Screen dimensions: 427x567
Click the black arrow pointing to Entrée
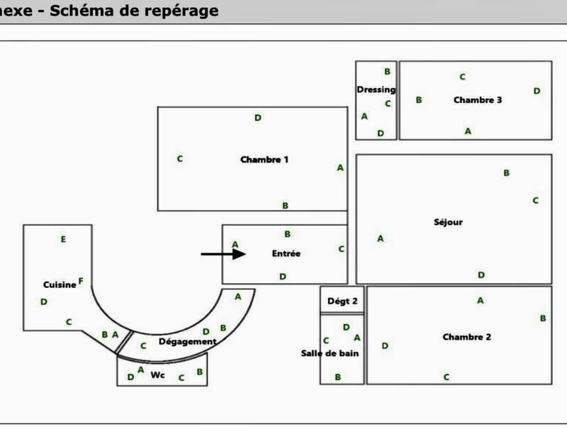(x=223, y=254)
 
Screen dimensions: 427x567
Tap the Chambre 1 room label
(x=264, y=159)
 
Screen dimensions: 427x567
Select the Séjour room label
(x=448, y=222)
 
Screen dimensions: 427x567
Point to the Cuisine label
(x=60, y=284)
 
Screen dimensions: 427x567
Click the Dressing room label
(x=376, y=89)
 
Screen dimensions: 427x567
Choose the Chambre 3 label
(x=478, y=100)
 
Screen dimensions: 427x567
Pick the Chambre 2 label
(x=466, y=337)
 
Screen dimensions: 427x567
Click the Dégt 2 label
(x=342, y=301)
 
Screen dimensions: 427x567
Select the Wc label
(x=157, y=375)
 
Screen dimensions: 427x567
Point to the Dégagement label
(x=188, y=341)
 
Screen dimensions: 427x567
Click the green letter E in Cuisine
(x=63, y=240)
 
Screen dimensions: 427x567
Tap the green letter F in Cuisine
(x=81, y=281)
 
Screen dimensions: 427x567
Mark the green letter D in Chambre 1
(x=258, y=118)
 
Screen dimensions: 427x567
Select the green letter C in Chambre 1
(x=180, y=159)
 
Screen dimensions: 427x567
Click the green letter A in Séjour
(x=381, y=238)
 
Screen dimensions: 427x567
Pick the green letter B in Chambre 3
(x=419, y=100)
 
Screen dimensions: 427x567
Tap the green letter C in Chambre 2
(x=447, y=377)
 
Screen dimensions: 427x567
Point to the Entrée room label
(x=286, y=253)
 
